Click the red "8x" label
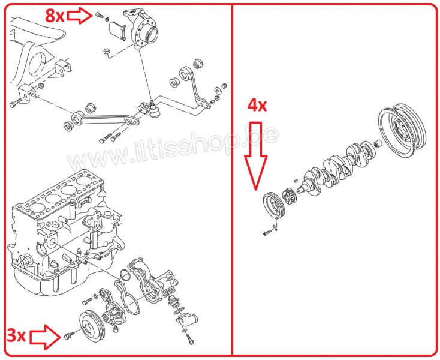[x=55, y=16]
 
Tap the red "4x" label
[x=257, y=106]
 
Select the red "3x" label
[x=16, y=335]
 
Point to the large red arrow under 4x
[x=255, y=156]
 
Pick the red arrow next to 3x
[x=45, y=337]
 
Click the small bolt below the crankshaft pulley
[x=267, y=233]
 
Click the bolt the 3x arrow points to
[x=69, y=335]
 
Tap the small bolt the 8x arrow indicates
[x=99, y=14]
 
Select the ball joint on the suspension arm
[x=154, y=109]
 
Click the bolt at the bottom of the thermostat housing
[x=190, y=339]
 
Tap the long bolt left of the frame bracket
[x=16, y=103]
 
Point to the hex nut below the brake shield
[x=107, y=52]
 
